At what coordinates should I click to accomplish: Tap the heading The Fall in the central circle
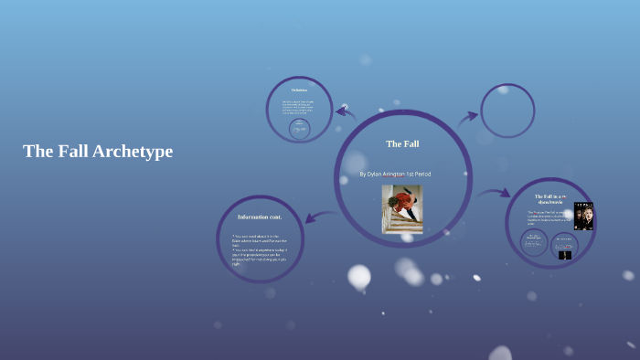402,143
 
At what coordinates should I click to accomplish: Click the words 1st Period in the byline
416,174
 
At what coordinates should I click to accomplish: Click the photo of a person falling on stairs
402,209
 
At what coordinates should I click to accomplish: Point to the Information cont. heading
260,217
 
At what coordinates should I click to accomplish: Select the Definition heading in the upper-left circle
299,90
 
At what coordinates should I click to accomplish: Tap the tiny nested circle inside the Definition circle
299,130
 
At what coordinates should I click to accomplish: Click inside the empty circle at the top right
507,111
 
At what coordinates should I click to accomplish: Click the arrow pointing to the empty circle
468,117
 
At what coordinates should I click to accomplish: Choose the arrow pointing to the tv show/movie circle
496,193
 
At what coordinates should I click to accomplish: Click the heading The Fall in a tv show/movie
551,199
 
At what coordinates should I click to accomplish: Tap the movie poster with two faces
583,216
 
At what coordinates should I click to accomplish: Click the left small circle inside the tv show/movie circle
534,243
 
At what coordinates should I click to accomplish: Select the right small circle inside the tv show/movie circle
565,246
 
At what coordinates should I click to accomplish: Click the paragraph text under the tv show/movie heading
549,217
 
